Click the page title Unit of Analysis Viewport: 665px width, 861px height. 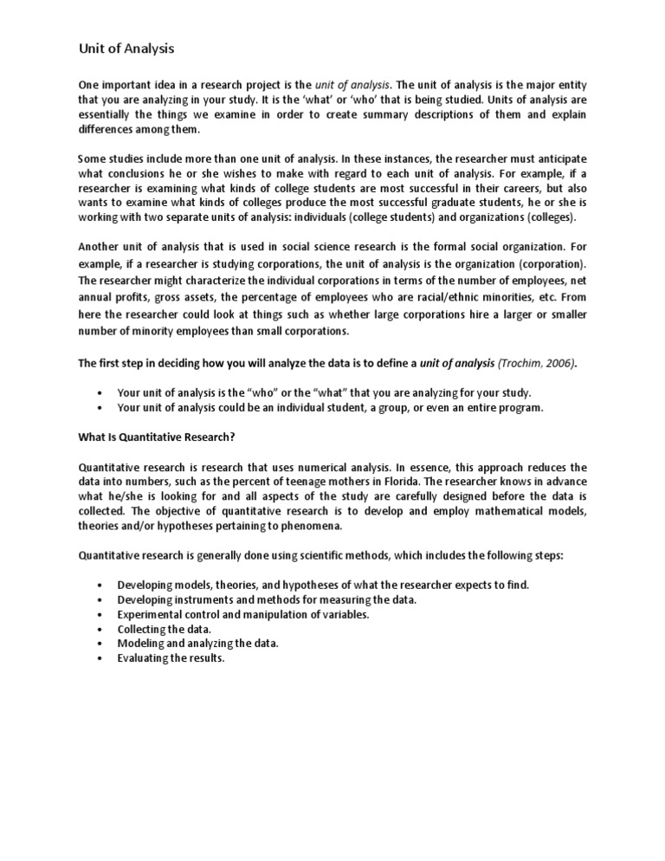pos(126,49)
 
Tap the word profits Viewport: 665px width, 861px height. pos(135,297)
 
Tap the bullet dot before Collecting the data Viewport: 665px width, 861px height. pos(101,629)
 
